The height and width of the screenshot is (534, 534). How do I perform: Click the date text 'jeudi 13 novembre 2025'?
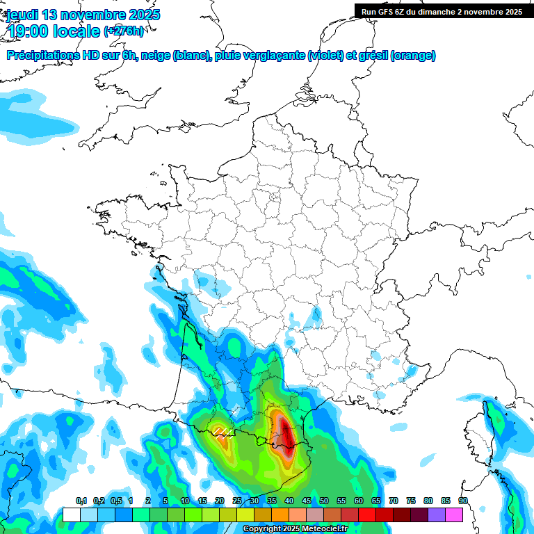[83, 15]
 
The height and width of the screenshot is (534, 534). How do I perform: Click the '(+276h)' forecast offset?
[124, 31]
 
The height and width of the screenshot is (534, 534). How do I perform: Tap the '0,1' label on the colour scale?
[81, 501]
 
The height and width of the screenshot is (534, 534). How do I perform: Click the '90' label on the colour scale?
[462, 501]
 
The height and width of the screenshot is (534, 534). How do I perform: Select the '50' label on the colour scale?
[324, 501]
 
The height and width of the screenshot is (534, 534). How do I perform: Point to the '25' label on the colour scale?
[237, 501]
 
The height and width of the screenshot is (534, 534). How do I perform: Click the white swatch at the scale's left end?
[72, 515]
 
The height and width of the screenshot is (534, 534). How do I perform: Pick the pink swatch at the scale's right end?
[454, 515]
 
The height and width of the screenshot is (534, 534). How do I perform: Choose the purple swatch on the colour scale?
[437, 515]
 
